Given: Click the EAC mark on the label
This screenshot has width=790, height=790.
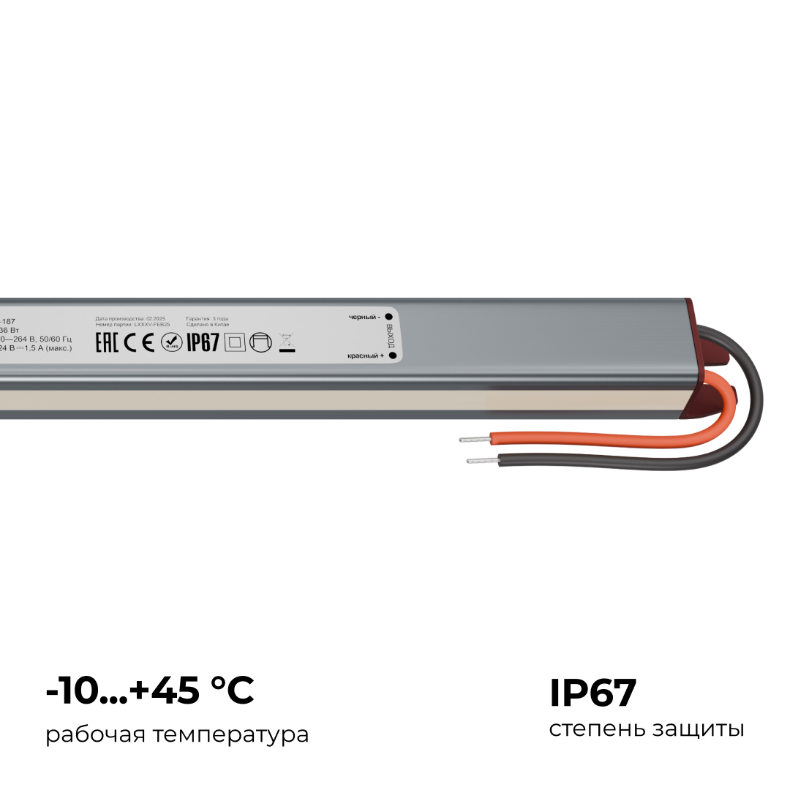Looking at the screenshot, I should [108, 342].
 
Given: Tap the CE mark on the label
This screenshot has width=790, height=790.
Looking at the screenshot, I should [139, 342].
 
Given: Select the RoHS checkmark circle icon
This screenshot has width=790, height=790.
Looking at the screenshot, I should [172, 342].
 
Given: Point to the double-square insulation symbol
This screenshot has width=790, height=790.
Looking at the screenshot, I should [234, 342].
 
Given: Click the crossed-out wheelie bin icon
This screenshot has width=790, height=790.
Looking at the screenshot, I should [286, 342].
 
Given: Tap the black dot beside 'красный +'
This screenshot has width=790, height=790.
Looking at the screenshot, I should [392, 355].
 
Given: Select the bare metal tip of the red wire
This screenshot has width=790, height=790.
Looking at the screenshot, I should [474, 440].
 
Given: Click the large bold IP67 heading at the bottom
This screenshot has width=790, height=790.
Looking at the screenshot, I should [593, 693].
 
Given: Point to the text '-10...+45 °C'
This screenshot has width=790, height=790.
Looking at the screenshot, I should [150, 691].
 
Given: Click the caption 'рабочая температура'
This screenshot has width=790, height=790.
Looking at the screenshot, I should [177, 734].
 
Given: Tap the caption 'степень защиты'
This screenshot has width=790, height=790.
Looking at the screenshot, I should [647, 729].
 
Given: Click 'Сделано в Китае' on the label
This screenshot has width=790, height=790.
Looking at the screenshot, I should [208, 324].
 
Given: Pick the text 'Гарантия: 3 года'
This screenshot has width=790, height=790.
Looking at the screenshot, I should [207, 319].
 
